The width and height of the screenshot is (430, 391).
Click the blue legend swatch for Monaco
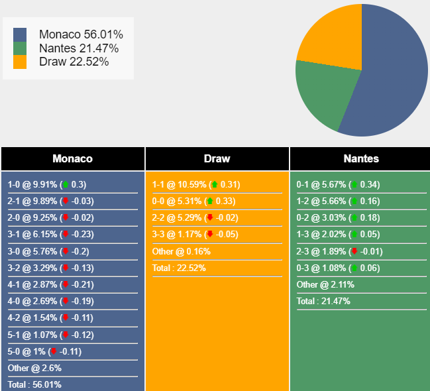tap(20, 34)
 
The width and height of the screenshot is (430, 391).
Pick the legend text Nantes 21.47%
tap(79, 48)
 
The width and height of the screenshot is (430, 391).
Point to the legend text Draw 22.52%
tap(74, 62)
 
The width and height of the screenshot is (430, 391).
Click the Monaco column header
tap(72, 159)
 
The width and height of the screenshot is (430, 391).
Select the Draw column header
tap(217, 159)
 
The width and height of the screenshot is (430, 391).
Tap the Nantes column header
tap(361, 159)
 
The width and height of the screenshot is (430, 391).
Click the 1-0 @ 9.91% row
tap(46, 185)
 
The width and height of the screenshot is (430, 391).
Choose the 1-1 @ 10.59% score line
tap(195, 185)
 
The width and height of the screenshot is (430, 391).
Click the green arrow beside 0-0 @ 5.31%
tap(210, 201)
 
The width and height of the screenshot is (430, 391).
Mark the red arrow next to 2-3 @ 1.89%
tap(354, 251)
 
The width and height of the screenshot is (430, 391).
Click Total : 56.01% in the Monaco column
tap(34, 384)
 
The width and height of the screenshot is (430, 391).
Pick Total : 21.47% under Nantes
tap(323, 301)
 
